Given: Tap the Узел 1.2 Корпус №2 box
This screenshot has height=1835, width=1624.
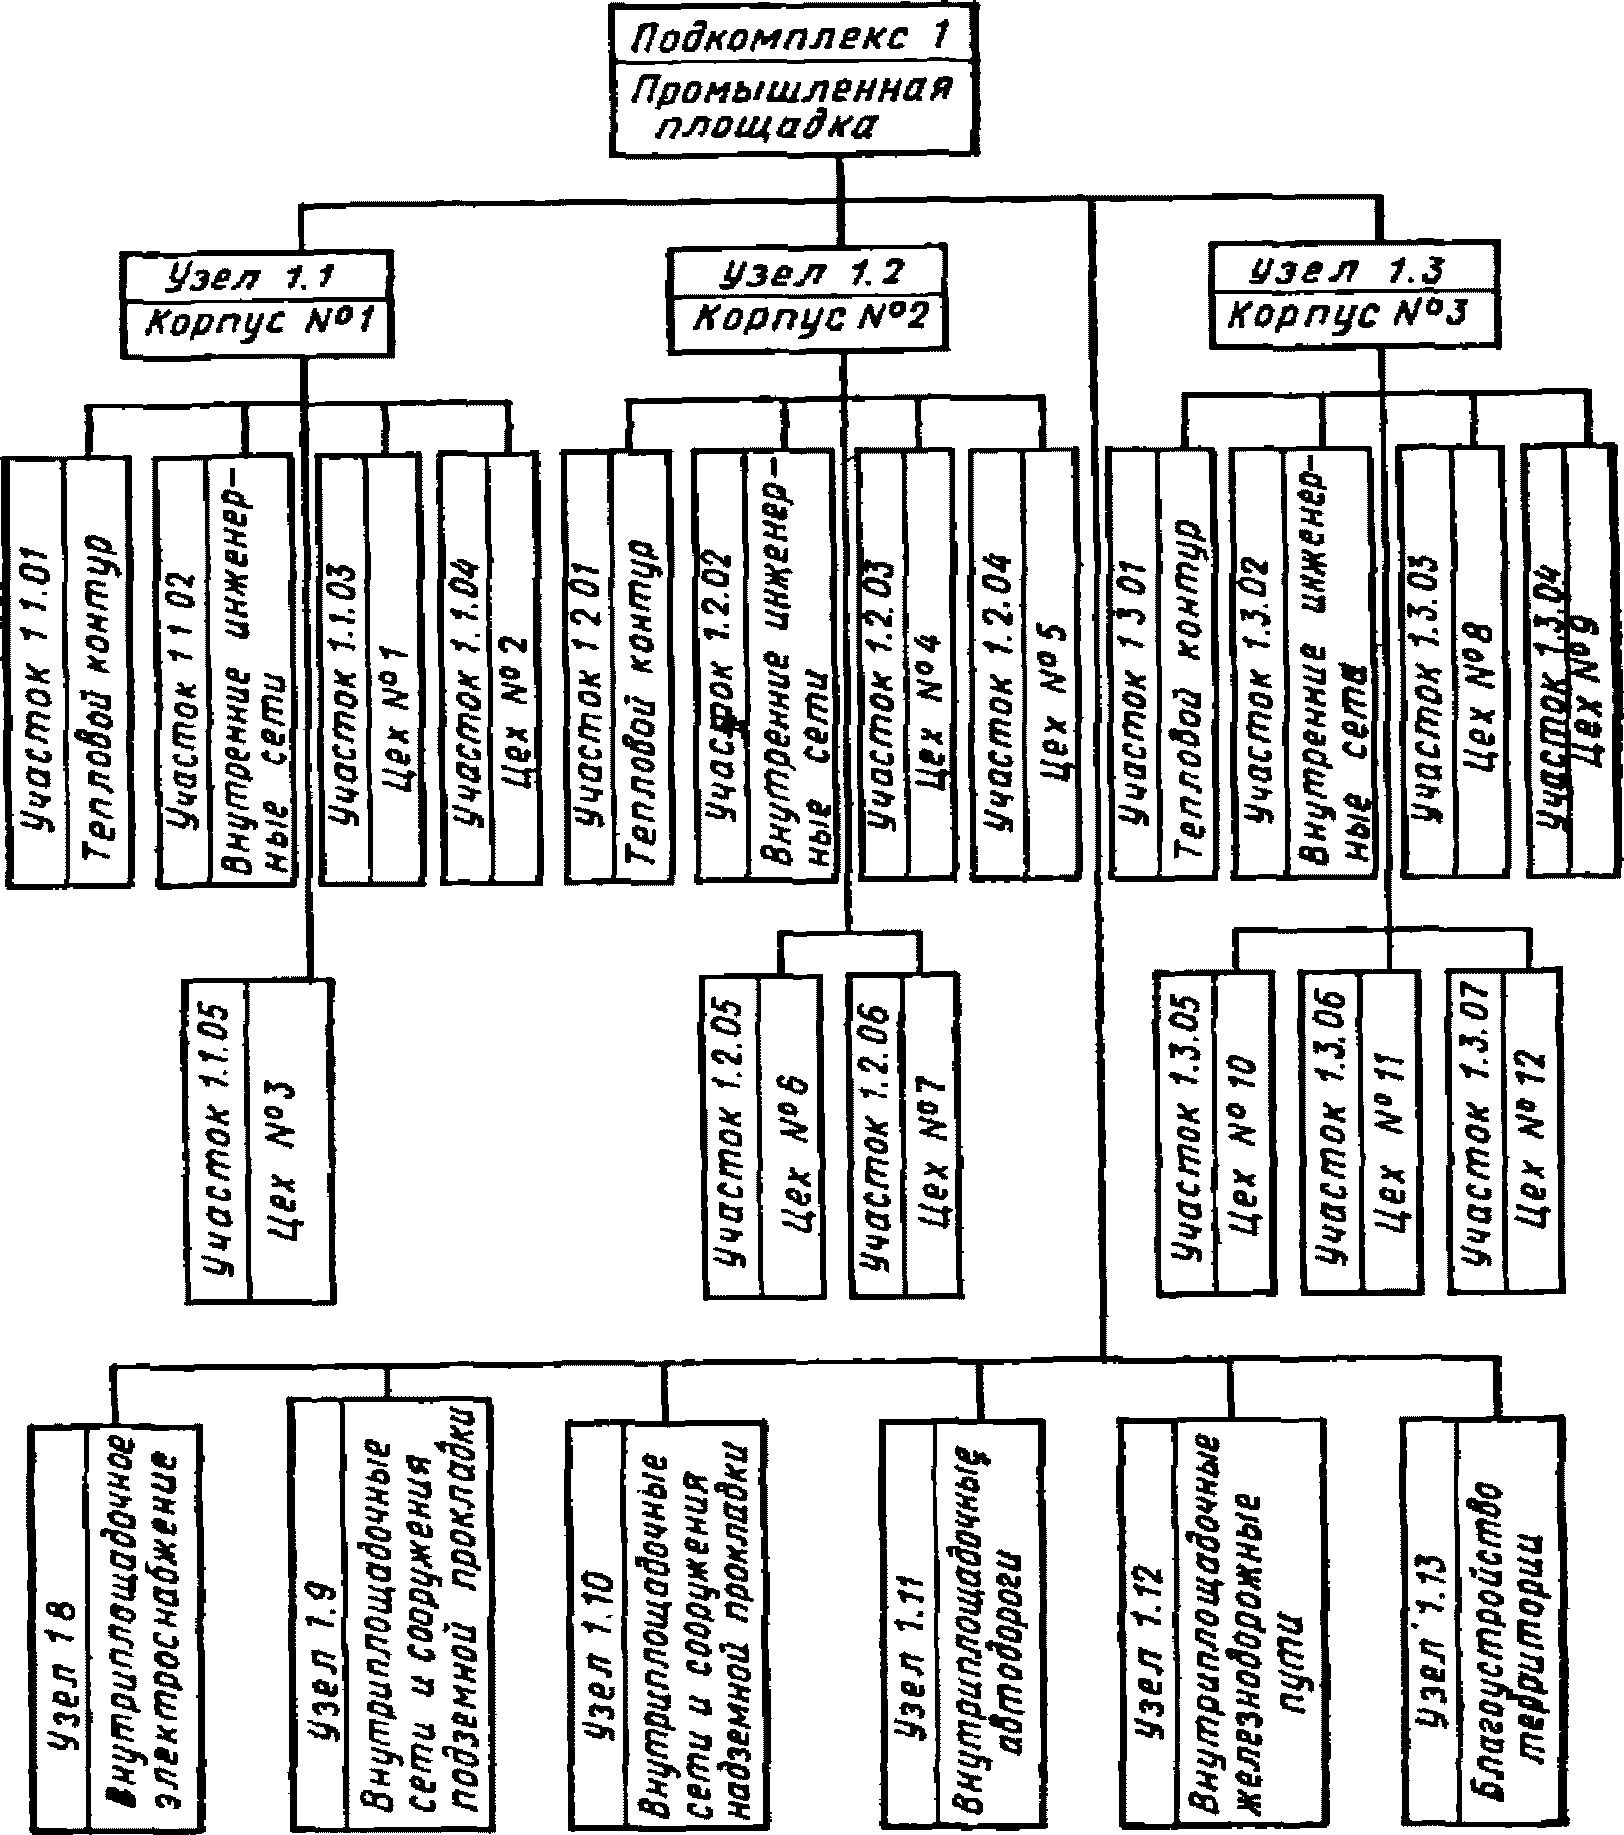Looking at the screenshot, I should point(806,299).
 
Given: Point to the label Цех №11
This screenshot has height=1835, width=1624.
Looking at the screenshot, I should point(1393,1132).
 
